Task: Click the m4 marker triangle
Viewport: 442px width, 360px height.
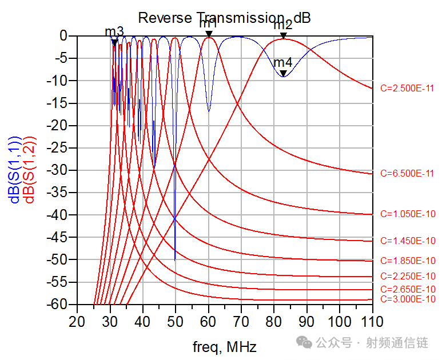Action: pyautogui.click(x=283, y=73)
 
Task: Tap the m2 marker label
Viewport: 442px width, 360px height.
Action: pyautogui.click(x=283, y=25)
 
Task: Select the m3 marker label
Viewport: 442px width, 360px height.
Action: pyautogui.click(x=114, y=31)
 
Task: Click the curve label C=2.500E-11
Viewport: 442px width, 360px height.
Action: pyautogui.click(x=407, y=89)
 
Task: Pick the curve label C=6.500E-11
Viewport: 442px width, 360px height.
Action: pyautogui.click(x=407, y=173)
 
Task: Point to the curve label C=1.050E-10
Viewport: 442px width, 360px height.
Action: pyautogui.click(x=408, y=214)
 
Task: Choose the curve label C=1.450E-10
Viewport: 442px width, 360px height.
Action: pyautogui.click(x=408, y=241)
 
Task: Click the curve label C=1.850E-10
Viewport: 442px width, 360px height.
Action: pyautogui.click(x=408, y=261)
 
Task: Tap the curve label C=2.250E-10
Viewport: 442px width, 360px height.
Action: pyautogui.click(x=408, y=276)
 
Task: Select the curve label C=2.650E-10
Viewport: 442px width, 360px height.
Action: pyautogui.click(x=408, y=289)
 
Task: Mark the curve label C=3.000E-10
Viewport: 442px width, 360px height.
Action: pyautogui.click(x=408, y=299)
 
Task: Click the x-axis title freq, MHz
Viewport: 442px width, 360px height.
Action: pyautogui.click(x=225, y=347)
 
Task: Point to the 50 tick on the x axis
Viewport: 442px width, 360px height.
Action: pyautogui.click(x=175, y=322)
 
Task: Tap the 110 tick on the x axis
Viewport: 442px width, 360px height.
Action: pyautogui.click(x=372, y=322)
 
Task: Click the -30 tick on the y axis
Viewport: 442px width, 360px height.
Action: pyautogui.click(x=57, y=170)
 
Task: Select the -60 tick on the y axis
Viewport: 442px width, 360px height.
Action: pyautogui.click(x=57, y=304)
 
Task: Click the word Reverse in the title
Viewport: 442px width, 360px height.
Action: pyautogui.click(x=165, y=18)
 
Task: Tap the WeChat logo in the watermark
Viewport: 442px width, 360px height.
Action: pyautogui.click(x=304, y=342)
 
